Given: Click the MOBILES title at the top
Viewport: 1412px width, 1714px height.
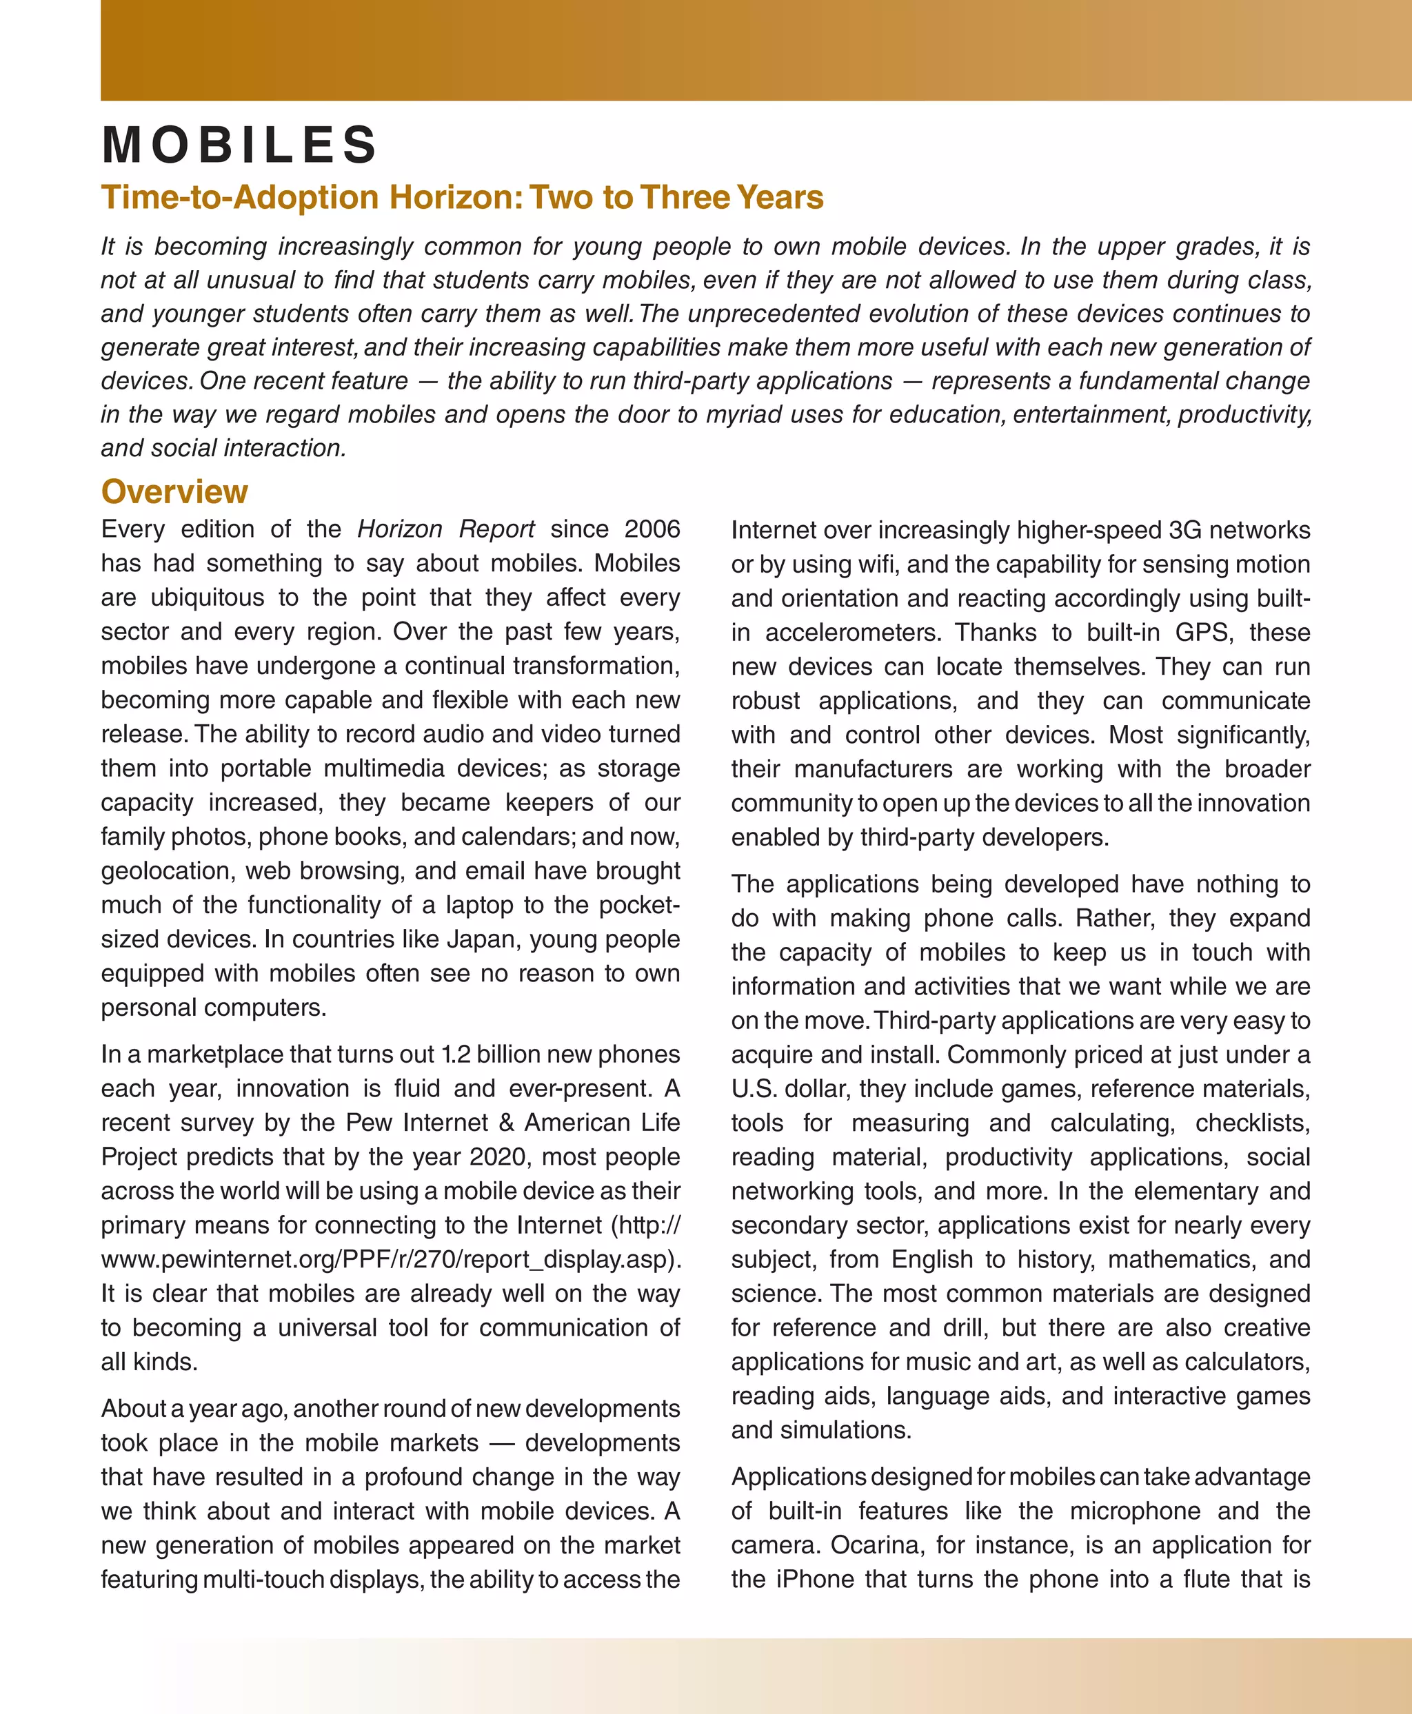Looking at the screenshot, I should (x=239, y=145).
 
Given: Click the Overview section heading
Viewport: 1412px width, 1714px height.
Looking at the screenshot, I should (x=174, y=492).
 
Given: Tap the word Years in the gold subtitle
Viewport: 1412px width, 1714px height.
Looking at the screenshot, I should (x=779, y=198).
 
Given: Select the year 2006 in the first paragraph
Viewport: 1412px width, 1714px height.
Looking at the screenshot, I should (x=652, y=529).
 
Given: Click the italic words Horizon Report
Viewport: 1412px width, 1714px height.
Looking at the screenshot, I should (x=445, y=529).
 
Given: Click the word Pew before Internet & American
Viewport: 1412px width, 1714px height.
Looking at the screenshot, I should (x=370, y=1123).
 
